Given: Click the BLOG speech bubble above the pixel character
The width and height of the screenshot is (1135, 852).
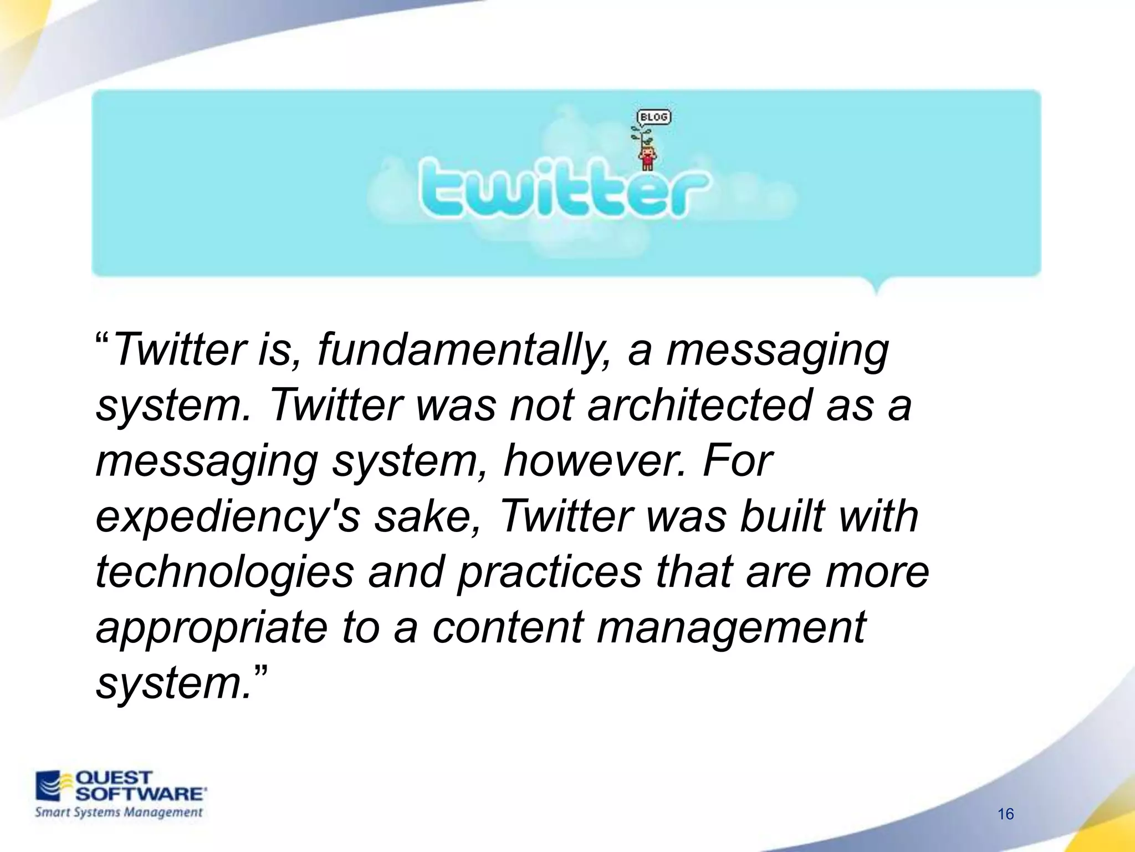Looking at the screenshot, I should pos(653,117).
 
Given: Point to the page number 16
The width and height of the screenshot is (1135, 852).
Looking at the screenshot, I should pos(1005,814).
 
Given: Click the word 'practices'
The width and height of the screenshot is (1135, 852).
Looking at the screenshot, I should pos(549,572).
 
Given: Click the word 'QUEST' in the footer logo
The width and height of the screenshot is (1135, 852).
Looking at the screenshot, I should pos(114,778).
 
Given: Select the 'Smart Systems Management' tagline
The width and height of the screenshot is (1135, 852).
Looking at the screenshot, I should pos(119,813).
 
